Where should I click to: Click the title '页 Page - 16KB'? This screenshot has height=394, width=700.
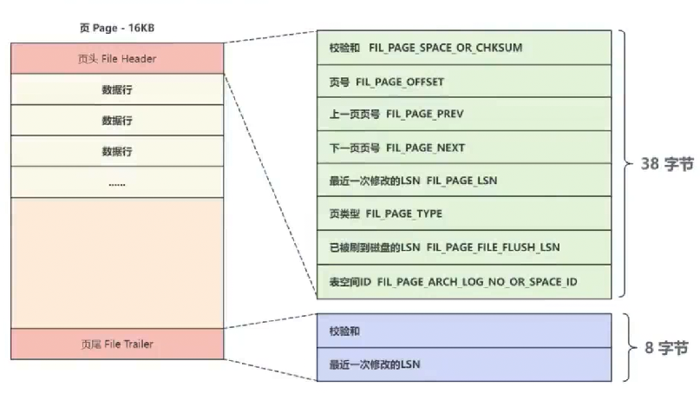(x=116, y=28)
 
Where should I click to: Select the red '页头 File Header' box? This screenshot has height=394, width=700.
(x=116, y=59)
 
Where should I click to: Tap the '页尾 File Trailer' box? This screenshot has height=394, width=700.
(x=116, y=344)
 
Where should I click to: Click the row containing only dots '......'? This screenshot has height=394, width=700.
(x=116, y=183)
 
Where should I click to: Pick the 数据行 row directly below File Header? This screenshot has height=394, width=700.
(x=116, y=89)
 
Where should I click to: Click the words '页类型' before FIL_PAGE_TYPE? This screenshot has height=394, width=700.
(x=345, y=213)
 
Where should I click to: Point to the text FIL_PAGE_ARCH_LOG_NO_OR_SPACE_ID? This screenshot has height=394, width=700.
(x=477, y=281)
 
